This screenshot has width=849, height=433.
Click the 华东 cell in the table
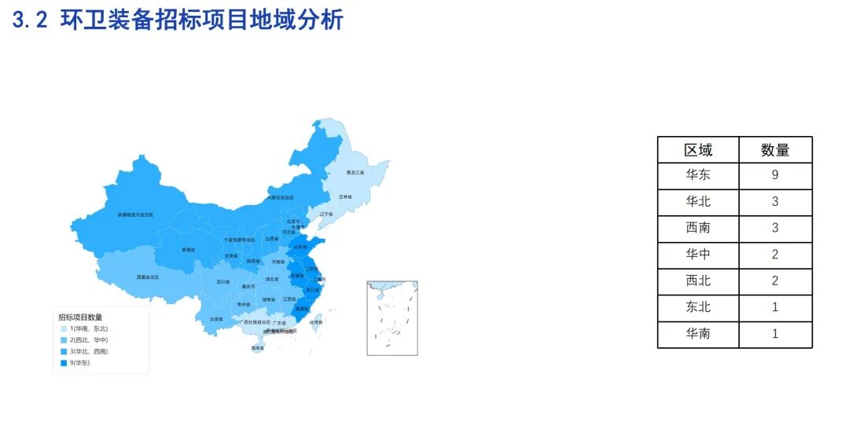click(x=697, y=175)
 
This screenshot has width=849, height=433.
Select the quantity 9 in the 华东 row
click(x=774, y=175)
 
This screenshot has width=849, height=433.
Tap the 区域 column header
click(x=697, y=149)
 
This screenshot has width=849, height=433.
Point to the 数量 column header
click(x=774, y=149)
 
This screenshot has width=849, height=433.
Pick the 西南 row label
click(x=697, y=228)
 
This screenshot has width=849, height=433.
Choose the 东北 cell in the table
click(x=697, y=307)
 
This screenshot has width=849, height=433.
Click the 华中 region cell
click(x=697, y=255)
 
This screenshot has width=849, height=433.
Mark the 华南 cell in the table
click(x=697, y=334)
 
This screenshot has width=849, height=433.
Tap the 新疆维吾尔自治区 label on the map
click(x=135, y=214)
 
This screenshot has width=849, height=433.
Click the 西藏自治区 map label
click(x=147, y=277)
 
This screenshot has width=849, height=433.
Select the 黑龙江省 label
click(x=355, y=171)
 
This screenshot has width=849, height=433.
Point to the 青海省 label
click(x=188, y=250)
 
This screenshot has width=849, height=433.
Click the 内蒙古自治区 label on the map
click(x=280, y=197)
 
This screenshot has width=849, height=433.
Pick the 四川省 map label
click(x=223, y=281)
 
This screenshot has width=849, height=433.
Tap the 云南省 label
click(x=216, y=320)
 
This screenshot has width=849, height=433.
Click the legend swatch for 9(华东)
click(x=63, y=362)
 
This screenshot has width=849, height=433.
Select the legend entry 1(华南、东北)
click(x=88, y=328)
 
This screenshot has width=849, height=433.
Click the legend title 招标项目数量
click(x=80, y=317)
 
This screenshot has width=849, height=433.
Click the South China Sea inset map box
click(x=391, y=317)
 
